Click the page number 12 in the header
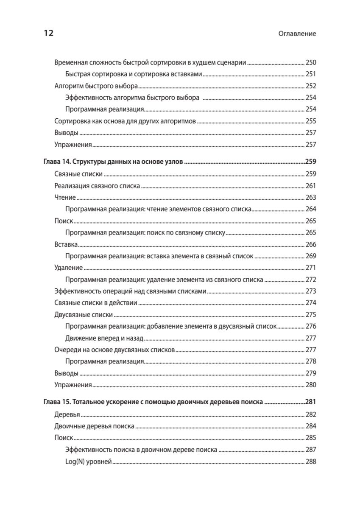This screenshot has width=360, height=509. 48,34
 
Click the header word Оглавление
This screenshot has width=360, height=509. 296,34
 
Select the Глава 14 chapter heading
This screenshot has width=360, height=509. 113,162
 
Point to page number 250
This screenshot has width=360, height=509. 311,62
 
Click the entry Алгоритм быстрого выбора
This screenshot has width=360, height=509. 96,86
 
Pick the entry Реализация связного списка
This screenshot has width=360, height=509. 98,186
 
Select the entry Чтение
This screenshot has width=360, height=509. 65,198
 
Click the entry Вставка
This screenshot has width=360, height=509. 66,245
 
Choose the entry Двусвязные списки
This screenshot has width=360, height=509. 84,315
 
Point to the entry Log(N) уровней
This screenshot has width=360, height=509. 89,461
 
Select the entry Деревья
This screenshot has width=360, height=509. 68,414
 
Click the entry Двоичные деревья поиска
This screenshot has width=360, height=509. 95,426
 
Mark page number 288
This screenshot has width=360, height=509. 311,461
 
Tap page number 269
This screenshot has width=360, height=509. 311,256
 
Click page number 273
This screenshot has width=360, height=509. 311,291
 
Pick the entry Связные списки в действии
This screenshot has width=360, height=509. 96,303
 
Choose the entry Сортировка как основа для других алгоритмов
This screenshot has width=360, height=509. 125,121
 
